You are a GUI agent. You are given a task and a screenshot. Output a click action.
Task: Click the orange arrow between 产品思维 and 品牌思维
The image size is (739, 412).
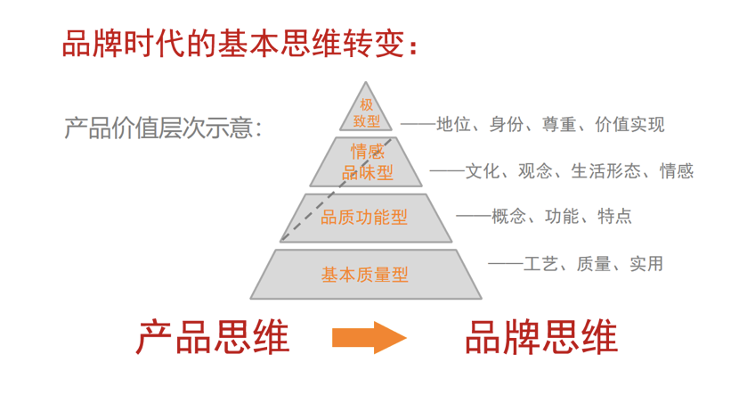[x=369, y=337]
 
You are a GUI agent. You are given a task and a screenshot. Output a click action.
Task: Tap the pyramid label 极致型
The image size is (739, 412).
[x=367, y=112]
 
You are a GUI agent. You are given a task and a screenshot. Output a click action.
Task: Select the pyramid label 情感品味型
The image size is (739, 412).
[x=367, y=162]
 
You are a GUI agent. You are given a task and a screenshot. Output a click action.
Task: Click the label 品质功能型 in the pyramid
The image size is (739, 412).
[x=364, y=217]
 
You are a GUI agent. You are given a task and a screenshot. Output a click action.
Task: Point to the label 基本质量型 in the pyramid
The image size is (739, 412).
[x=365, y=274]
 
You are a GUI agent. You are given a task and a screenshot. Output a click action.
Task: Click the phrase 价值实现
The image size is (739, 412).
[x=629, y=124]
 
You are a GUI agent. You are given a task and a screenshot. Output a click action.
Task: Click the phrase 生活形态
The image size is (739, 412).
[x=606, y=171]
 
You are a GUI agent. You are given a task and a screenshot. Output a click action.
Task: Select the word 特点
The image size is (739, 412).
[x=614, y=216]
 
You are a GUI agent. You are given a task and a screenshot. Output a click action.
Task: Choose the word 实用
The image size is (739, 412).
[x=646, y=264]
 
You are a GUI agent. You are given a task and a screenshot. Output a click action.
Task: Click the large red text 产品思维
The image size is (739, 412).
[x=213, y=337]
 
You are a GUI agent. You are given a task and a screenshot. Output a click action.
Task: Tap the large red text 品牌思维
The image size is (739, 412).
[x=541, y=337]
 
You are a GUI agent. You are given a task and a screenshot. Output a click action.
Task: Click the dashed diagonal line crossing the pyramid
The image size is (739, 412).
[x=336, y=190]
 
